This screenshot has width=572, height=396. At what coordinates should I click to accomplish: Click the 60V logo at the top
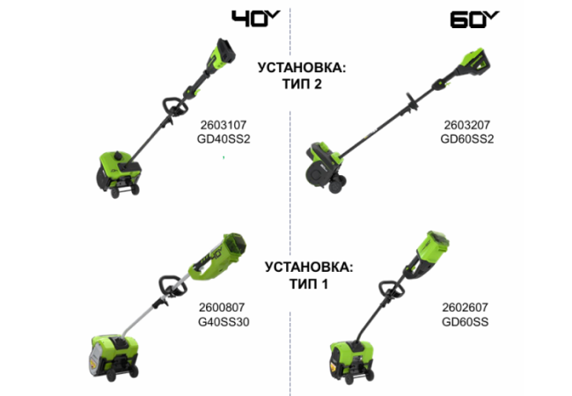click(x=474, y=18)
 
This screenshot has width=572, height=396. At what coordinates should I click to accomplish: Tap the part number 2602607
click(x=465, y=309)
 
